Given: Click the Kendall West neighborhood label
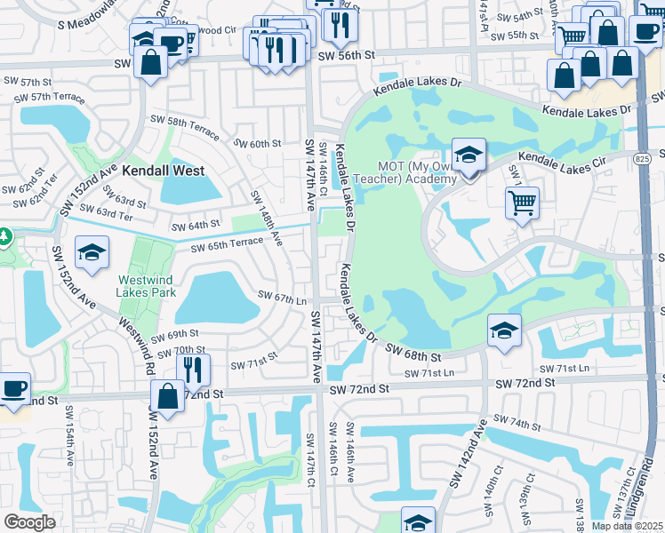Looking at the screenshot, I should [x=164, y=171].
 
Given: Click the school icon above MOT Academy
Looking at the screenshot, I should [x=469, y=155].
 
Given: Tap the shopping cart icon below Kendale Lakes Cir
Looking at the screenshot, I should [x=523, y=202].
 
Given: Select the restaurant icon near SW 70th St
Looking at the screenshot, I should [x=192, y=367].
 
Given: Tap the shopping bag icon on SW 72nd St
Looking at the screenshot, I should [x=167, y=396].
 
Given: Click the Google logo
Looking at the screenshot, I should [x=29, y=522].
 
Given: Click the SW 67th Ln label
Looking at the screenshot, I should [x=282, y=297].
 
